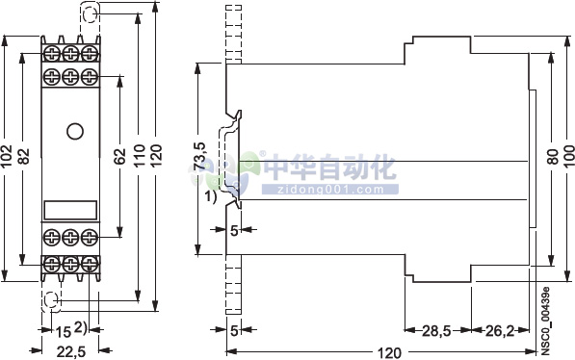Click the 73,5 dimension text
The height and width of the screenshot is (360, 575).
200,159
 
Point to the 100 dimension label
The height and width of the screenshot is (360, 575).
568,159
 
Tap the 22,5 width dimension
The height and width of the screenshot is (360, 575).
70,351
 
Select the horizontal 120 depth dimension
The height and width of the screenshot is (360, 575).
388,351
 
